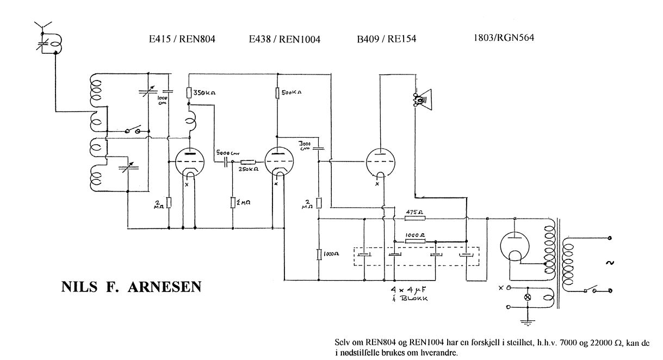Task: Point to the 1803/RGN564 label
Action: point(507,39)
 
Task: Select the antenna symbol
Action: point(41,27)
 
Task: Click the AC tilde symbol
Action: point(609,263)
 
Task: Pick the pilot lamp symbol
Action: point(526,297)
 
